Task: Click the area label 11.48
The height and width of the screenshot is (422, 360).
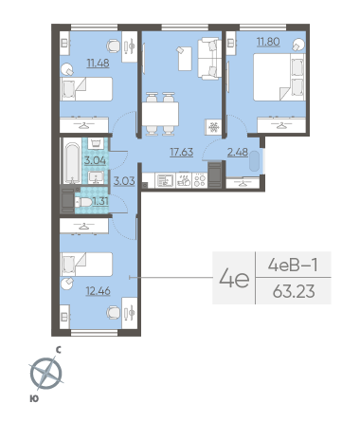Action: (99, 64)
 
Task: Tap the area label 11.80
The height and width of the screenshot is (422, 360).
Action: (268, 42)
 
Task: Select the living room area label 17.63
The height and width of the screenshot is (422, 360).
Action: (182, 152)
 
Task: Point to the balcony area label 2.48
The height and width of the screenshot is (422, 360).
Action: (238, 152)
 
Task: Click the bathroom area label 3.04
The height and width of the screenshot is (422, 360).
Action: (95, 160)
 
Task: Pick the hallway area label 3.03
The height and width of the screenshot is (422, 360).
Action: (124, 181)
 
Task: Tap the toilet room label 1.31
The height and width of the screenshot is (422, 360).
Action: (100, 201)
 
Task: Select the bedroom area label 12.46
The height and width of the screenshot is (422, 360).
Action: (99, 291)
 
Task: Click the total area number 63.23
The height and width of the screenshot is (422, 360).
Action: (294, 291)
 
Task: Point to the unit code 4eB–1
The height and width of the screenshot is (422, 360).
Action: (293, 265)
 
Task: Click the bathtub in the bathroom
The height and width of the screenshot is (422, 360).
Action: (72, 163)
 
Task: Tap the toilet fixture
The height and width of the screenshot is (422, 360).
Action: (83, 202)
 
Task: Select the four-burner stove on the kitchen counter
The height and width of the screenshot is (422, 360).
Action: (200, 180)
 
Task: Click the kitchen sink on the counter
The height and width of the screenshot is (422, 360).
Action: (166, 180)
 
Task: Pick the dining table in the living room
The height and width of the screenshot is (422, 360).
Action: (160, 114)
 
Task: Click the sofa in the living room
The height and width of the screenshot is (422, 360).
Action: (208, 58)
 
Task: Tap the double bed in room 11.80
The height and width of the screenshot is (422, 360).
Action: (279, 77)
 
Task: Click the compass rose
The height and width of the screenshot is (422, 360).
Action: (46, 374)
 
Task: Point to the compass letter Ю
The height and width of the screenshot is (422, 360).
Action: (34, 399)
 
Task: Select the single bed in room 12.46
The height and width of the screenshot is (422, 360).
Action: (86, 265)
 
